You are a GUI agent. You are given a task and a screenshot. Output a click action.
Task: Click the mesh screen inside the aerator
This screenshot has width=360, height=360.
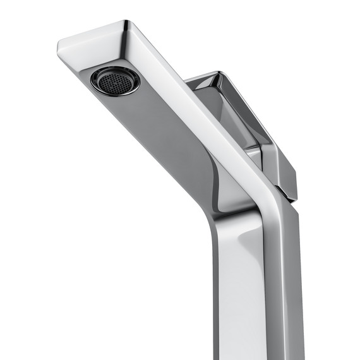point(114,81)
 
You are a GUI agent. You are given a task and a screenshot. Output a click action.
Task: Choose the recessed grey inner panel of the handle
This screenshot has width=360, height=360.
point(234,117)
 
